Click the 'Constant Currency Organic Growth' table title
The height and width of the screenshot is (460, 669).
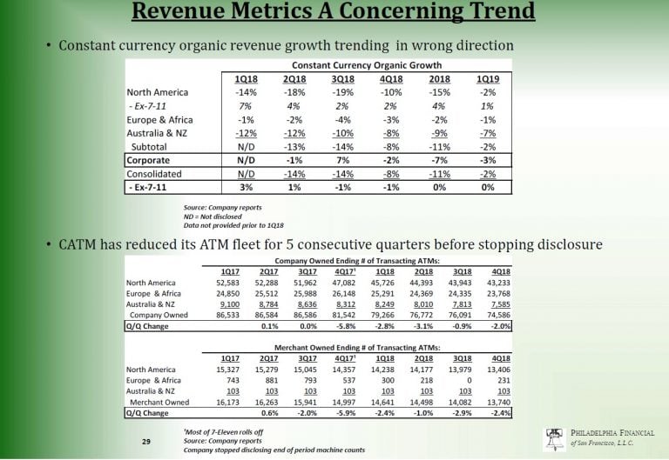(x=367, y=65)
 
